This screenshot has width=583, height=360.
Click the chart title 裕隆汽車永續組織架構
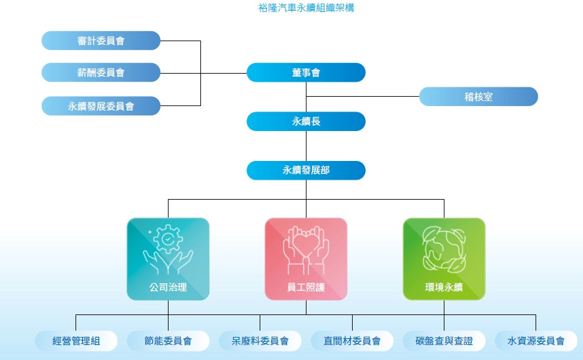tap(306, 9)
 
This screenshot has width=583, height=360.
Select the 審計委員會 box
tap(101, 41)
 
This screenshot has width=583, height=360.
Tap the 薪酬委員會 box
tap(101, 72)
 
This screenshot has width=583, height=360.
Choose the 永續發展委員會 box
tap(101, 106)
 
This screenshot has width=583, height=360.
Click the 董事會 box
tap(306, 72)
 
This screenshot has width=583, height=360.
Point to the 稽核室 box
tap(478, 97)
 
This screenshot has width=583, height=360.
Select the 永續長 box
tap(306, 121)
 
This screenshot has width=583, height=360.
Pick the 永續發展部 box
tap(306, 170)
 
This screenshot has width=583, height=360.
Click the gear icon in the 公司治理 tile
tap(168, 239)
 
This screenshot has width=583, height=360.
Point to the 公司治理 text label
tap(168, 288)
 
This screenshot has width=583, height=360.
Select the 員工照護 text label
tap(306, 288)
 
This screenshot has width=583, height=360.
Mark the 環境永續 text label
tap(444, 288)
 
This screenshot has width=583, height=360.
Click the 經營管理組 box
tap(76, 341)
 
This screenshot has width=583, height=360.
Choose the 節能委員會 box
tap(168, 341)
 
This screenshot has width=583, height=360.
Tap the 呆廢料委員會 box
tap(260, 341)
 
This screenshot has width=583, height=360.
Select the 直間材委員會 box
tap(352, 341)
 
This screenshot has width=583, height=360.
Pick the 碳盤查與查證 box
tap(444, 341)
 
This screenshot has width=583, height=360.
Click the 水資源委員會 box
tap(536, 341)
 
